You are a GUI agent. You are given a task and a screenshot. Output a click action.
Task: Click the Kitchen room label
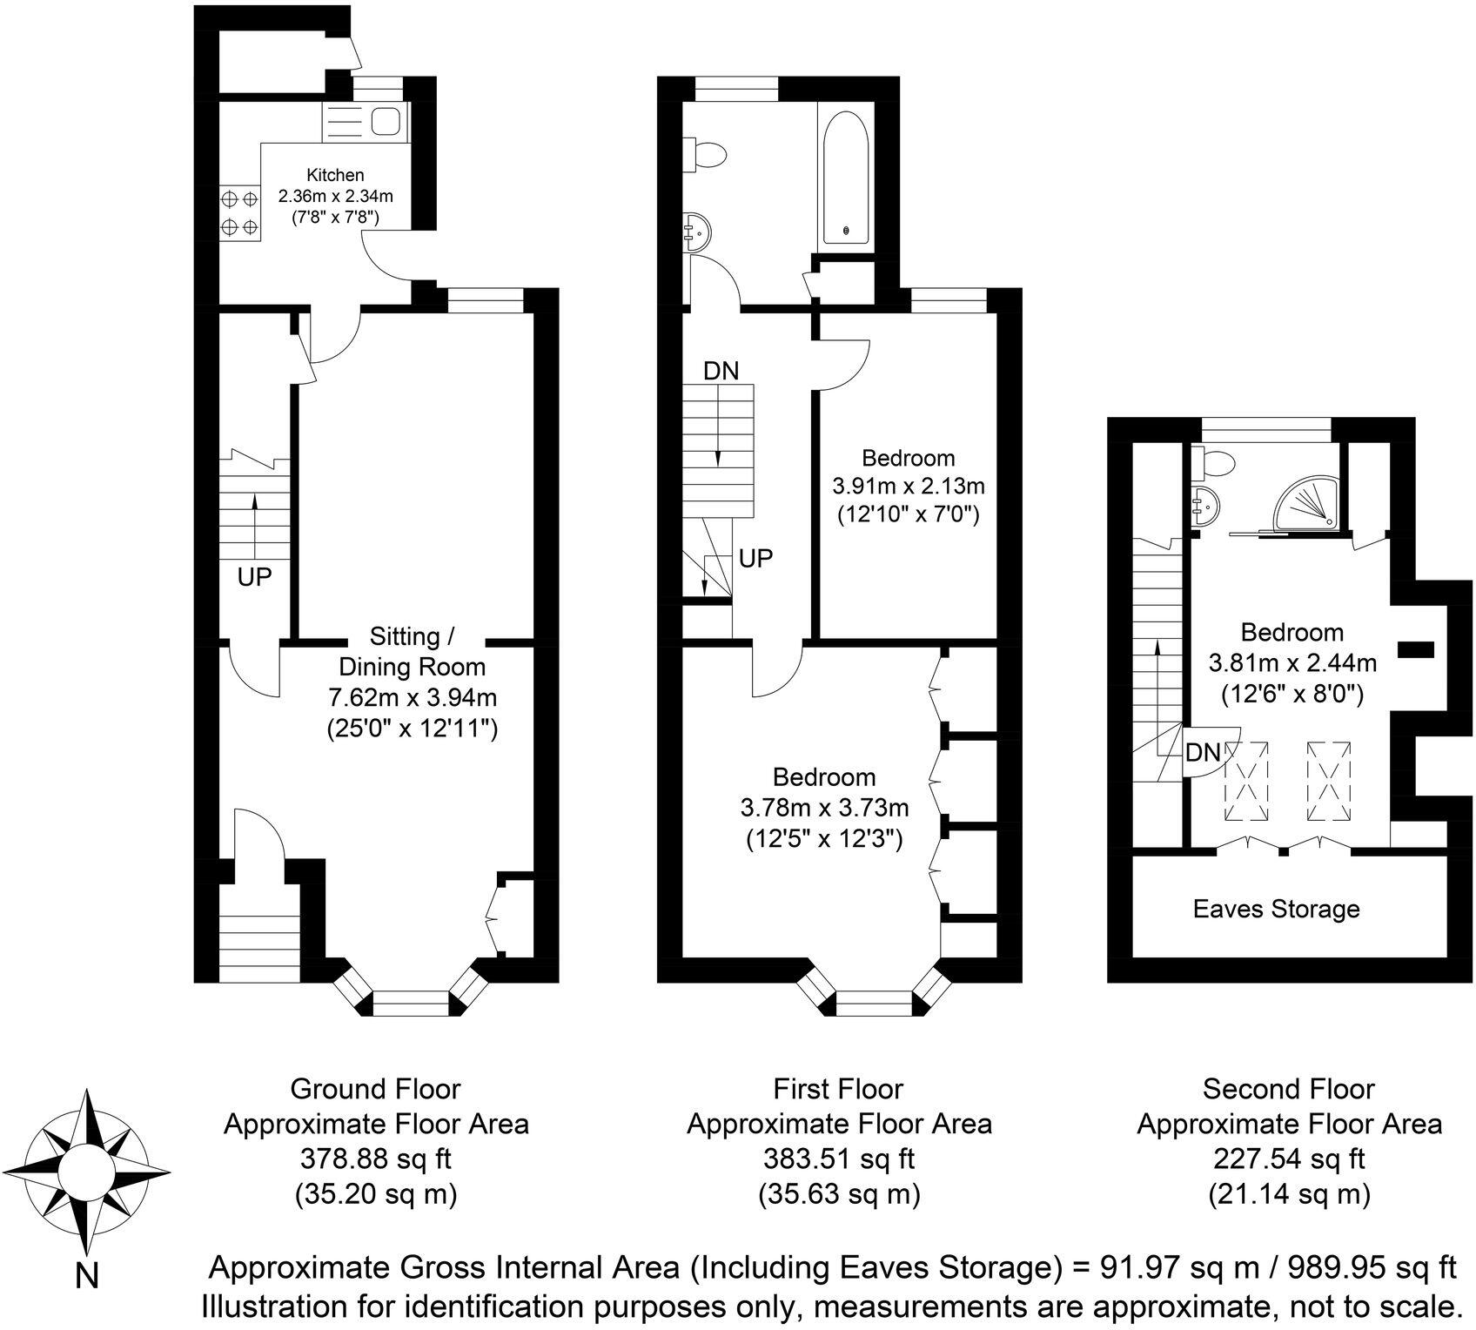pos(335,175)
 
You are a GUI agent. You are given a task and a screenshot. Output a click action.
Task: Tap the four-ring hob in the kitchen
pos(239,213)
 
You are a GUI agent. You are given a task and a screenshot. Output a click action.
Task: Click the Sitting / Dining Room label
pos(412,652)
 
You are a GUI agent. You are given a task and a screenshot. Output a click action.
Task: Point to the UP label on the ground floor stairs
pos(254,576)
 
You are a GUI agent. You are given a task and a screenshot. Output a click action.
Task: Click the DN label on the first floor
pos(721,371)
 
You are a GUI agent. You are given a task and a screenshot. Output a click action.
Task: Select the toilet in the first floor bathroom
pos(706,155)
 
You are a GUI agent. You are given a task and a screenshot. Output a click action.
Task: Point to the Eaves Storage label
pos(1276,910)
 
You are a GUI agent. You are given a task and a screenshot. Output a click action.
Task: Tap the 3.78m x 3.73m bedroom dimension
pos(824,808)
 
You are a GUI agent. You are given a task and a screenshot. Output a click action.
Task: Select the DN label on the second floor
pos(1204,752)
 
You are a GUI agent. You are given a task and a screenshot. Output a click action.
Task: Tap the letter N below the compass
pos(86,1276)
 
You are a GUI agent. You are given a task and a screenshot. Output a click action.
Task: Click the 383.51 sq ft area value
pos(838,1159)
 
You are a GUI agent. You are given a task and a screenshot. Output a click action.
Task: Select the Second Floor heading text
pos(1288,1089)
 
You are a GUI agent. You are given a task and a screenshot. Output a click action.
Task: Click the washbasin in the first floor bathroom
pos(697,230)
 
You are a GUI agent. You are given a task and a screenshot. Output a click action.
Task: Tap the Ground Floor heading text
pos(375,1089)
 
